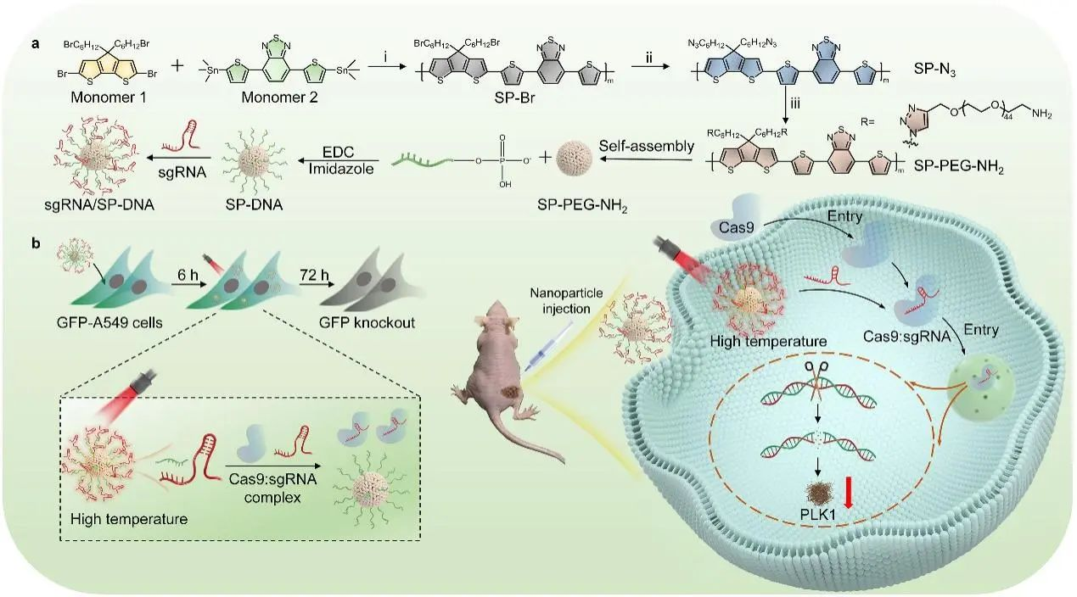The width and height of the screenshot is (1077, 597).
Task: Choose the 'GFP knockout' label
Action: (373, 323)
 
